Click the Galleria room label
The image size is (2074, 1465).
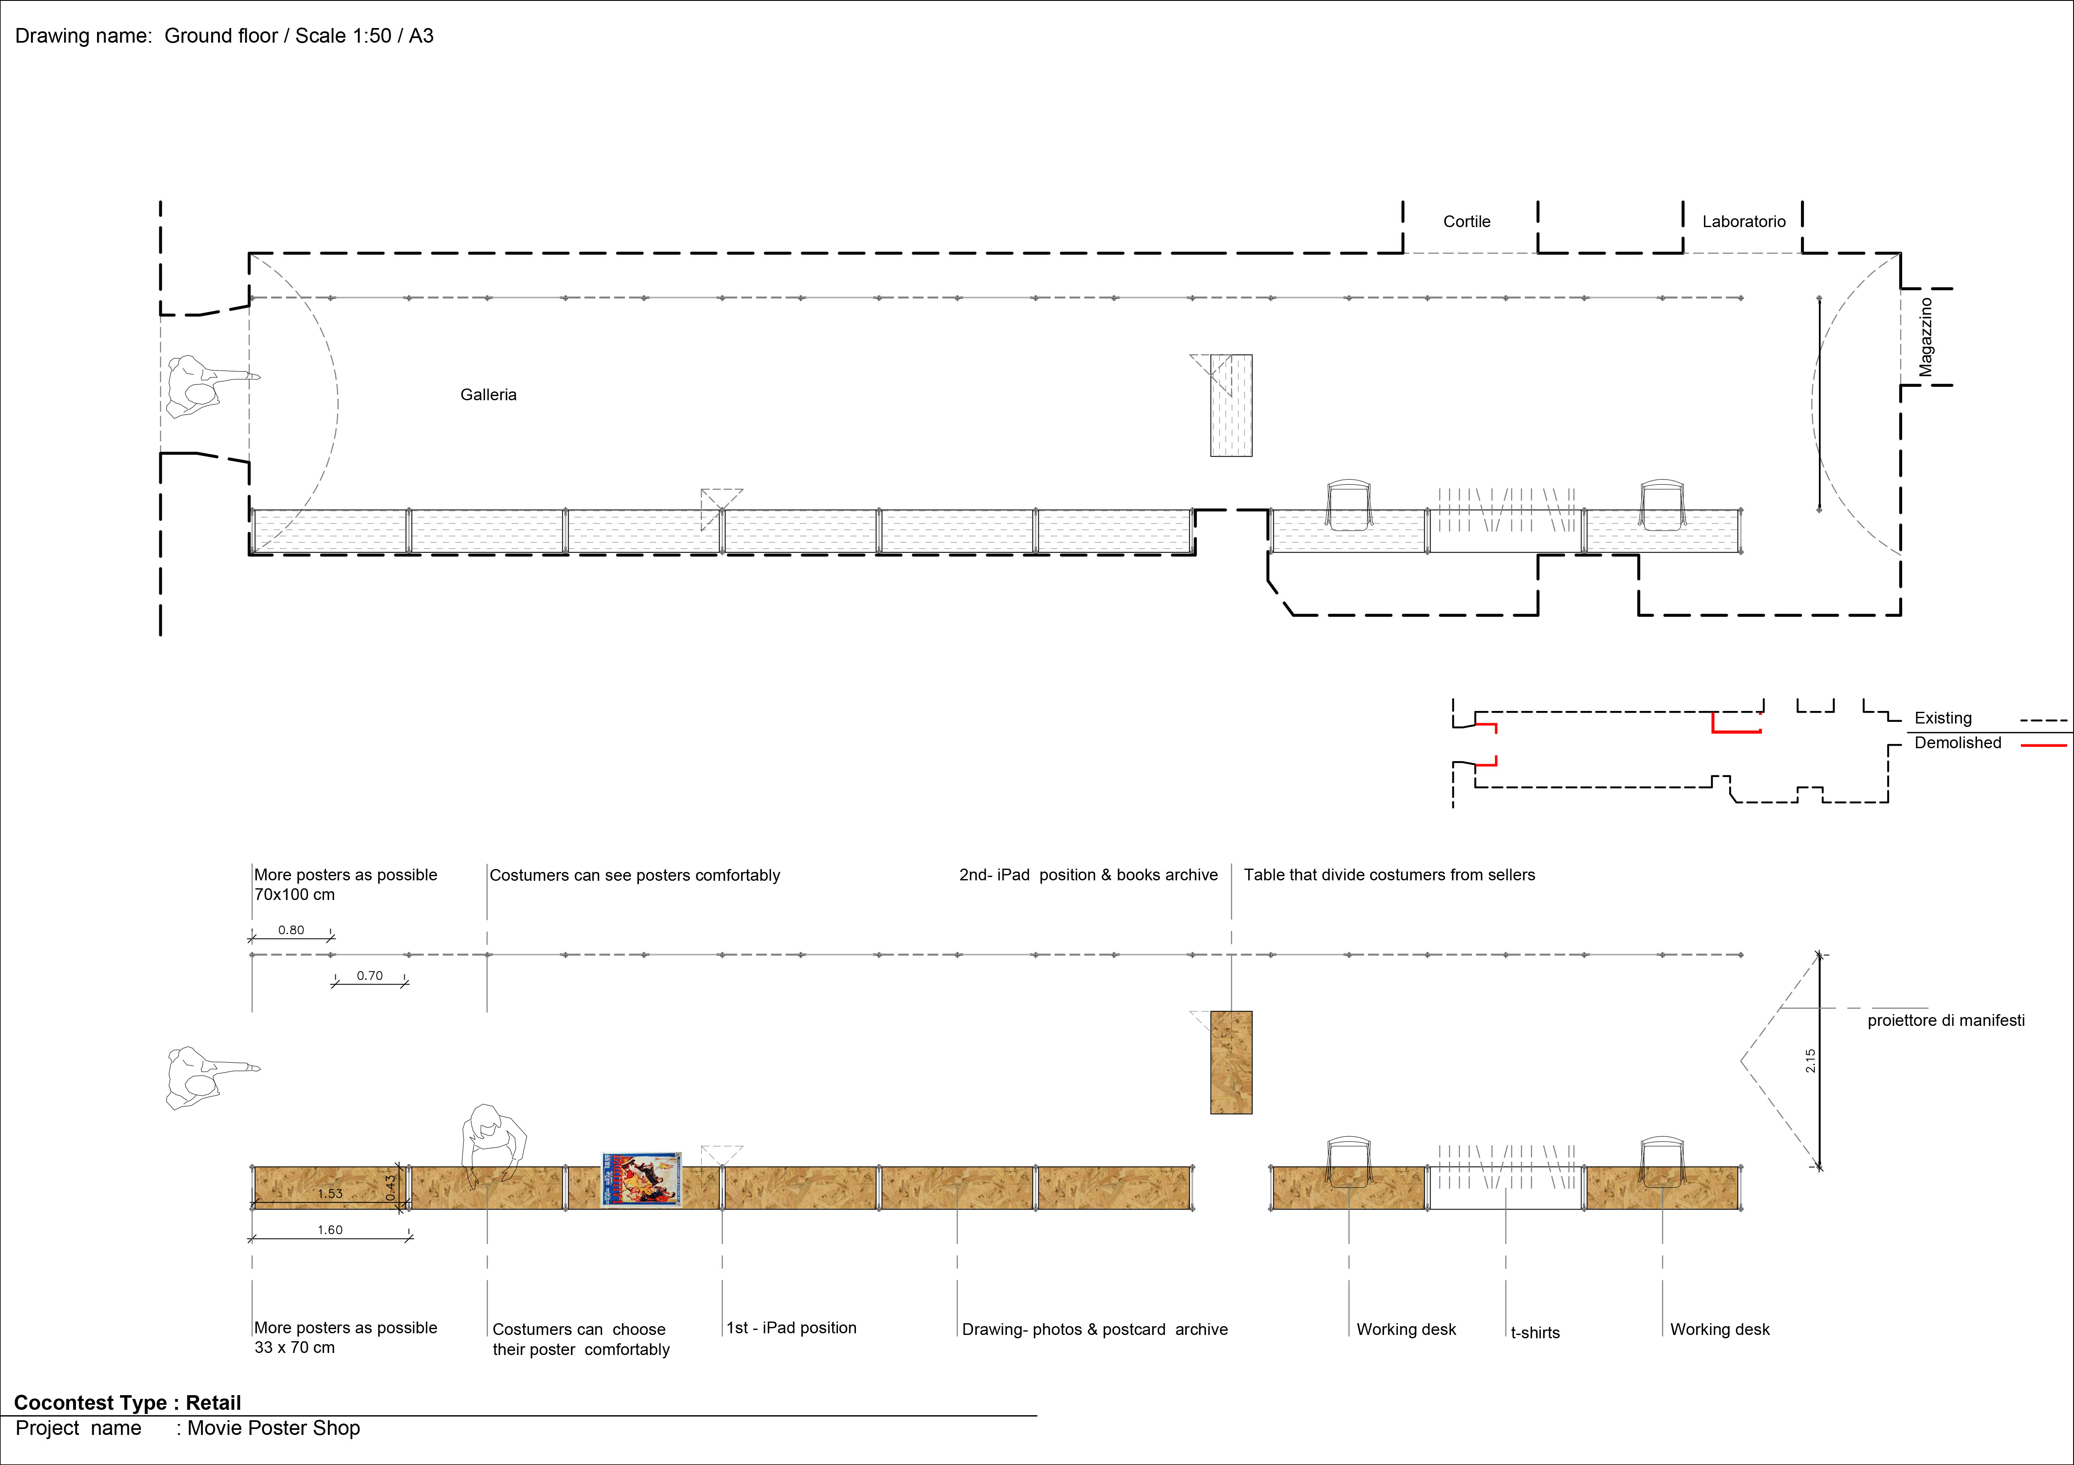tap(488, 395)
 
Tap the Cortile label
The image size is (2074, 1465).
tap(1466, 221)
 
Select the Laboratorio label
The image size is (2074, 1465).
tap(1743, 221)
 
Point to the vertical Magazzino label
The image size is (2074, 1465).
tap(1926, 337)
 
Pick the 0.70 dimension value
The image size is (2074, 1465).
tap(370, 975)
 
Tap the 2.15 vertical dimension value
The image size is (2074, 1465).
tap(1810, 1060)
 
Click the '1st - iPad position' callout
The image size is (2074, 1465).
tap(791, 1328)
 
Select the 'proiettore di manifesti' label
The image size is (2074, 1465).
tap(1946, 1020)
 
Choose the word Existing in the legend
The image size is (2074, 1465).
tap(1943, 718)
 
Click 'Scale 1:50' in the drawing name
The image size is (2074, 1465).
tap(343, 36)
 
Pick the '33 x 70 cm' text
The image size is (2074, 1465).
tap(294, 1347)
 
